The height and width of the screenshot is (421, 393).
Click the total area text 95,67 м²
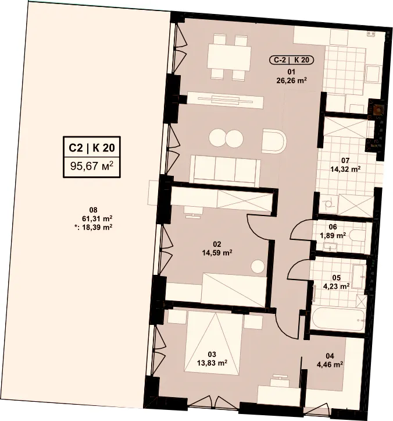[92, 166]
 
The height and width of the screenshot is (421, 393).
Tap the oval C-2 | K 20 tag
[291, 59]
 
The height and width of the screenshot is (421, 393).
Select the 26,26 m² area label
[291, 80]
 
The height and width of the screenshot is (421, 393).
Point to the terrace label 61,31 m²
[97, 218]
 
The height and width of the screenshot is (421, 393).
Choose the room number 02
[217, 244]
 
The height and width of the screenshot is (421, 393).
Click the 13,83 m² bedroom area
[212, 363]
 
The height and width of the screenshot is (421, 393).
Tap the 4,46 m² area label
[330, 365]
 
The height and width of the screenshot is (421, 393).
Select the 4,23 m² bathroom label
[336, 286]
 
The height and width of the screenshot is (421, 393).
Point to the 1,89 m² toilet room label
[333, 235]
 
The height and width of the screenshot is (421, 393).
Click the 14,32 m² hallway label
[345, 169]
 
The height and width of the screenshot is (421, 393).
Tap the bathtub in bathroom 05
[338, 319]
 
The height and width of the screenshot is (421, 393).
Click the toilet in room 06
[357, 235]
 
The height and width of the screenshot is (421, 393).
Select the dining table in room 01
[229, 57]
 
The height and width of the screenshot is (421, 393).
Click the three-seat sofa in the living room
[225, 171]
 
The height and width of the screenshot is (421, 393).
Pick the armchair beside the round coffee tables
[274, 141]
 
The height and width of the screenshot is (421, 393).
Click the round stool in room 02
[258, 267]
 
